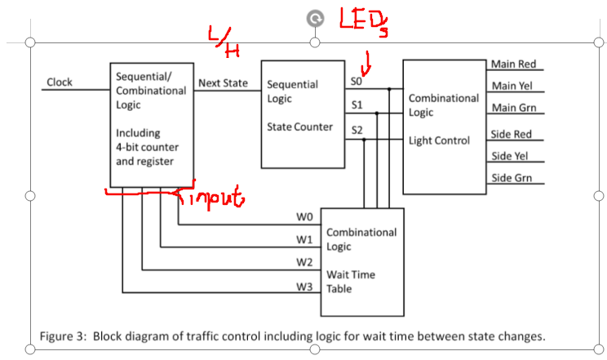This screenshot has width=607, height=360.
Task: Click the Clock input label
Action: (60, 82)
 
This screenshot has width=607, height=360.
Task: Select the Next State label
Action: (223, 83)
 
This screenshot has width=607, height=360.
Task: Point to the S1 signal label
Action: (357, 105)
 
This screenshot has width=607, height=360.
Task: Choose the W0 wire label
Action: (304, 218)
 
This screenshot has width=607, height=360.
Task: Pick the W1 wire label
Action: (304, 241)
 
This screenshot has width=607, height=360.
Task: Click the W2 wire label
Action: (304, 263)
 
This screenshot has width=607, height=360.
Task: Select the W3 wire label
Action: (304, 287)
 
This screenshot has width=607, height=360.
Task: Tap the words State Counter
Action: (299, 127)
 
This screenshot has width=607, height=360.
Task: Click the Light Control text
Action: (439, 140)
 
